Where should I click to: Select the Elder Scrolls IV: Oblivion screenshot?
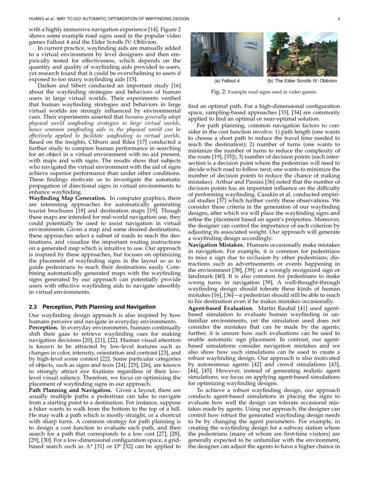(x=301, y=54)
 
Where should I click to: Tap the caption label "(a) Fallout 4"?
(x=227, y=81)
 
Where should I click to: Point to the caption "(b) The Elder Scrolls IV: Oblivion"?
(x=302, y=81)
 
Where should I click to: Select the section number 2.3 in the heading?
(x=33, y=307)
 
